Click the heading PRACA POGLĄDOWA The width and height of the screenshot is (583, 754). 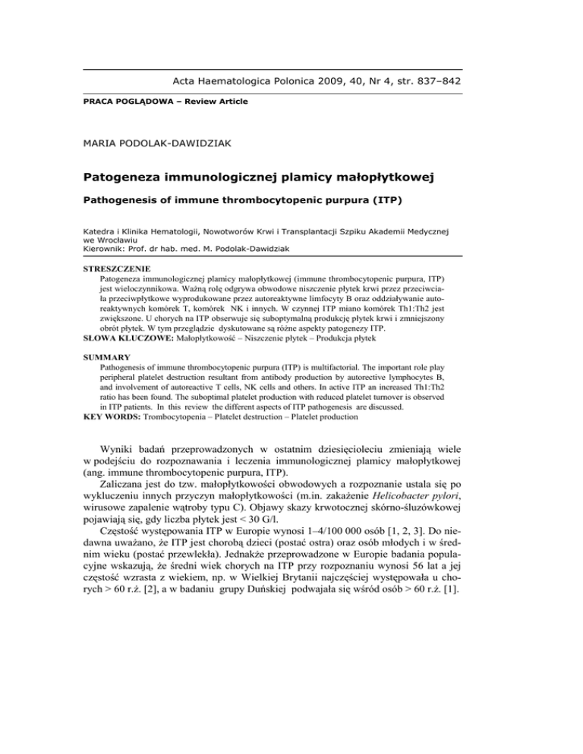click(118, 101)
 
